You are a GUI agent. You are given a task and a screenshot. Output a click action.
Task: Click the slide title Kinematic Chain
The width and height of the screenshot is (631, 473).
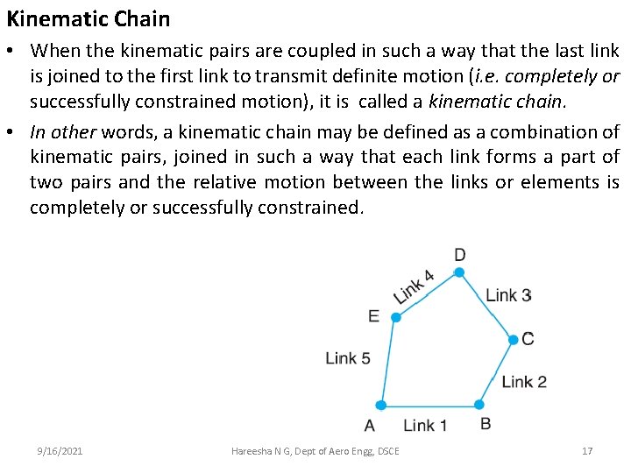click(x=89, y=18)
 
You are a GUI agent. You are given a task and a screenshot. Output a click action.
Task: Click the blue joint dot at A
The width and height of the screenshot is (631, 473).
click(x=381, y=406)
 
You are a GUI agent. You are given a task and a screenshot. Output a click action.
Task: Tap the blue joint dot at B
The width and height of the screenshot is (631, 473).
click(x=479, y=405)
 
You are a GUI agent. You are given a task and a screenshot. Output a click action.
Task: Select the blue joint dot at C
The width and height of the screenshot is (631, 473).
click(x=513, y=340)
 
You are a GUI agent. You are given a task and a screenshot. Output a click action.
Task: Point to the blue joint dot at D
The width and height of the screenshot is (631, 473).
click(x=459, y=273)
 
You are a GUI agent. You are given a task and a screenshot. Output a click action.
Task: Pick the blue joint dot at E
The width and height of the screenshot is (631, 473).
click(x=395, y=317)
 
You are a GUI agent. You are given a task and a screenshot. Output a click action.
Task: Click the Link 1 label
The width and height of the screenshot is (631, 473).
click(x=425, y=426)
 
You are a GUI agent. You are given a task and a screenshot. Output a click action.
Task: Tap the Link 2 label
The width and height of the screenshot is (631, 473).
click(x=524, y=381)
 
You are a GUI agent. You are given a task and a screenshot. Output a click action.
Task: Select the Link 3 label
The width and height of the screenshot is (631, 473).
click(x=508, y=295)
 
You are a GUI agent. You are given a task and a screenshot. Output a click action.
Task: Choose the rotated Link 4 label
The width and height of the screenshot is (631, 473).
click(x=414, y=287)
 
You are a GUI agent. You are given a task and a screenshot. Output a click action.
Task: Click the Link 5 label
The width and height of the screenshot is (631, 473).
click(x=348, y=357)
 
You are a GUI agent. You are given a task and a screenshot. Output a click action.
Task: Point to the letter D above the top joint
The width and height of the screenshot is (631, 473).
click(x=460, y=255)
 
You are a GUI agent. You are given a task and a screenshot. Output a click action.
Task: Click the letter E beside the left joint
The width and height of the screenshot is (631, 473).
click(x=374, y=315)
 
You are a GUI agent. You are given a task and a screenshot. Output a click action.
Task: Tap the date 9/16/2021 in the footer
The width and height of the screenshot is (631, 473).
click(x=60, y=451)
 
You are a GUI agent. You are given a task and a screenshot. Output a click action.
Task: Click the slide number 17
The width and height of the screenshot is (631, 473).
click(x=587, y=451)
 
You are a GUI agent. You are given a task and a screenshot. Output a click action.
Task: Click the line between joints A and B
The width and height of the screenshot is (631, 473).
click(x=430, y=406)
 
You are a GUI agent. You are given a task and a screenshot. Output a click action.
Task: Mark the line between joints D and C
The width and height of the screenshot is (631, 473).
click(x=486, y=307)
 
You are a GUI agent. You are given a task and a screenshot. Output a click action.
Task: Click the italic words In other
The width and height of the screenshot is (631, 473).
click(x=62, y=132)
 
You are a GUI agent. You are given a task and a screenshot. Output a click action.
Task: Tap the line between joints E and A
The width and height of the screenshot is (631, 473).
click(x=388, y=361)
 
